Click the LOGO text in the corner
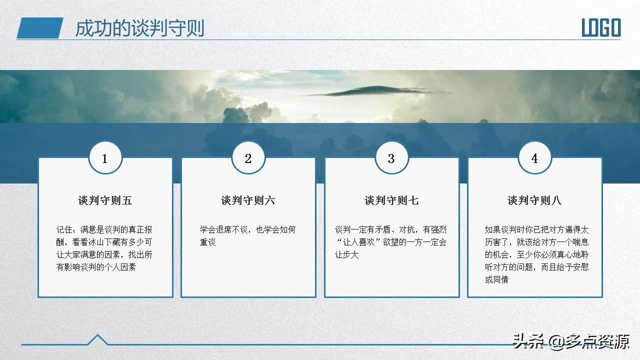click(601, 27)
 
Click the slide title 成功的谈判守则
click(139, 28)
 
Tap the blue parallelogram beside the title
click(40, 28)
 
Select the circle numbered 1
click(105, 157)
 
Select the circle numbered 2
click(248, 157)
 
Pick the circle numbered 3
click(391, 157)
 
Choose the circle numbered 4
click(535, 157)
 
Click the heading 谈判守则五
click(105, 200)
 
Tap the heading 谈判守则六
click(248, 200)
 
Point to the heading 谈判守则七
click(391, 200)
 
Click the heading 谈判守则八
click(534, 200)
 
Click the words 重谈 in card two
click(207, 242)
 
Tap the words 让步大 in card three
click(347, 254)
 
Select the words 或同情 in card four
click(497, 279)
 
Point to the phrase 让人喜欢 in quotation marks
click(359, 242)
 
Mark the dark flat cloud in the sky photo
click(377, 91)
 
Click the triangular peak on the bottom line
click(97, 339)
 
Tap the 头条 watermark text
click(528, 341)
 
